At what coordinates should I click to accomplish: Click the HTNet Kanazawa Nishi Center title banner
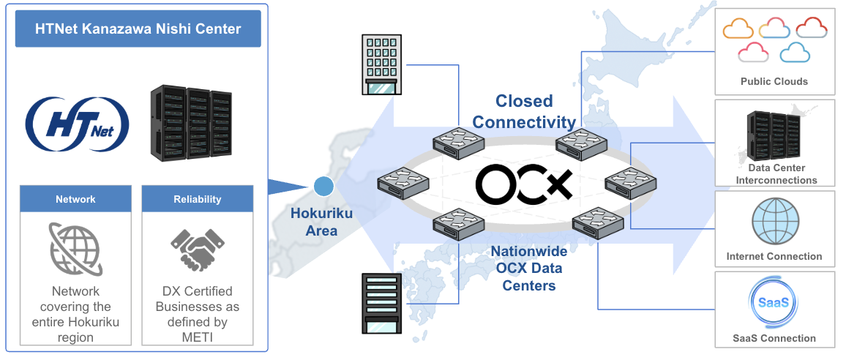(x=138, y=29)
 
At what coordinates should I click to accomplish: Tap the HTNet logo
(x=78, y=124)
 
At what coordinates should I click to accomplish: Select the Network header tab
(x=75, y=199)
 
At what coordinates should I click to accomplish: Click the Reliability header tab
(x=198, y=199)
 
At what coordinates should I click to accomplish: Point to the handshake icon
(x=198, y=250)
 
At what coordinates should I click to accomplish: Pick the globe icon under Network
(x=75, y=250)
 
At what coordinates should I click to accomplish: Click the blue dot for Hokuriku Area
(x=323, y=186)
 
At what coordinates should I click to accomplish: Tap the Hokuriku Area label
(x=321, y=222)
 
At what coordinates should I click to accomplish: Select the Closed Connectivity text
(x=524, y=111)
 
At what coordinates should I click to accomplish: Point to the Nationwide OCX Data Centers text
(x=528, y=269)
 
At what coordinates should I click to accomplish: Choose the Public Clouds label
(x=774, y=81)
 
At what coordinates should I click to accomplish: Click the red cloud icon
(x=811, y=27)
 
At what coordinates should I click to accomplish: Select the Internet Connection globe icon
(x=775, y=222)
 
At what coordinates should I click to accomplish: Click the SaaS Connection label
(x=774, y=338)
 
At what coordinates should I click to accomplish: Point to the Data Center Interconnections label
(x=776, y=174)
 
